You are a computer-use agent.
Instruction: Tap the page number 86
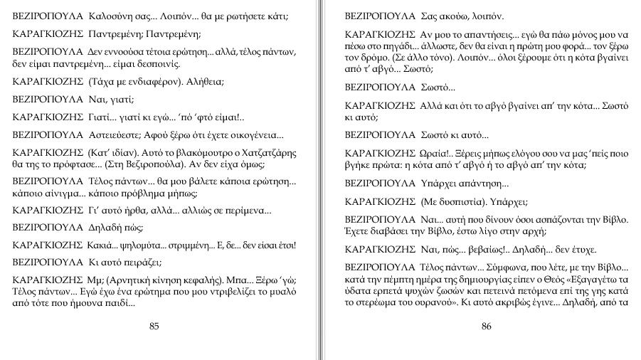coord(487,327)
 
